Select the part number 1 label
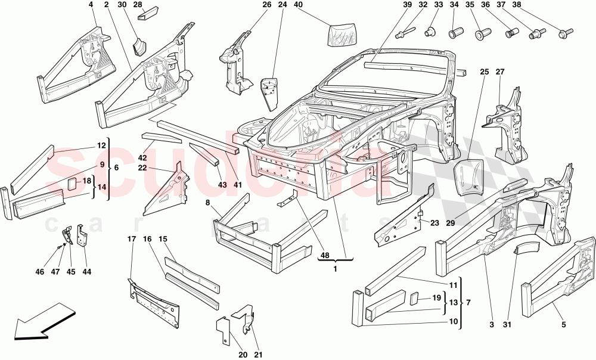pyautogui.click(x=336, y=268)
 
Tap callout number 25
pyautogui.click(x=484, y=72)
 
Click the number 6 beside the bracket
pyautogui.click(x=116, y=168)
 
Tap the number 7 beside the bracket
pyautogui.click(x=467, y=303)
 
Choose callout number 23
pyautogui.click(x=434, y=223)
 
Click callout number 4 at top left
pyautogui.click(x=91, y=5)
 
